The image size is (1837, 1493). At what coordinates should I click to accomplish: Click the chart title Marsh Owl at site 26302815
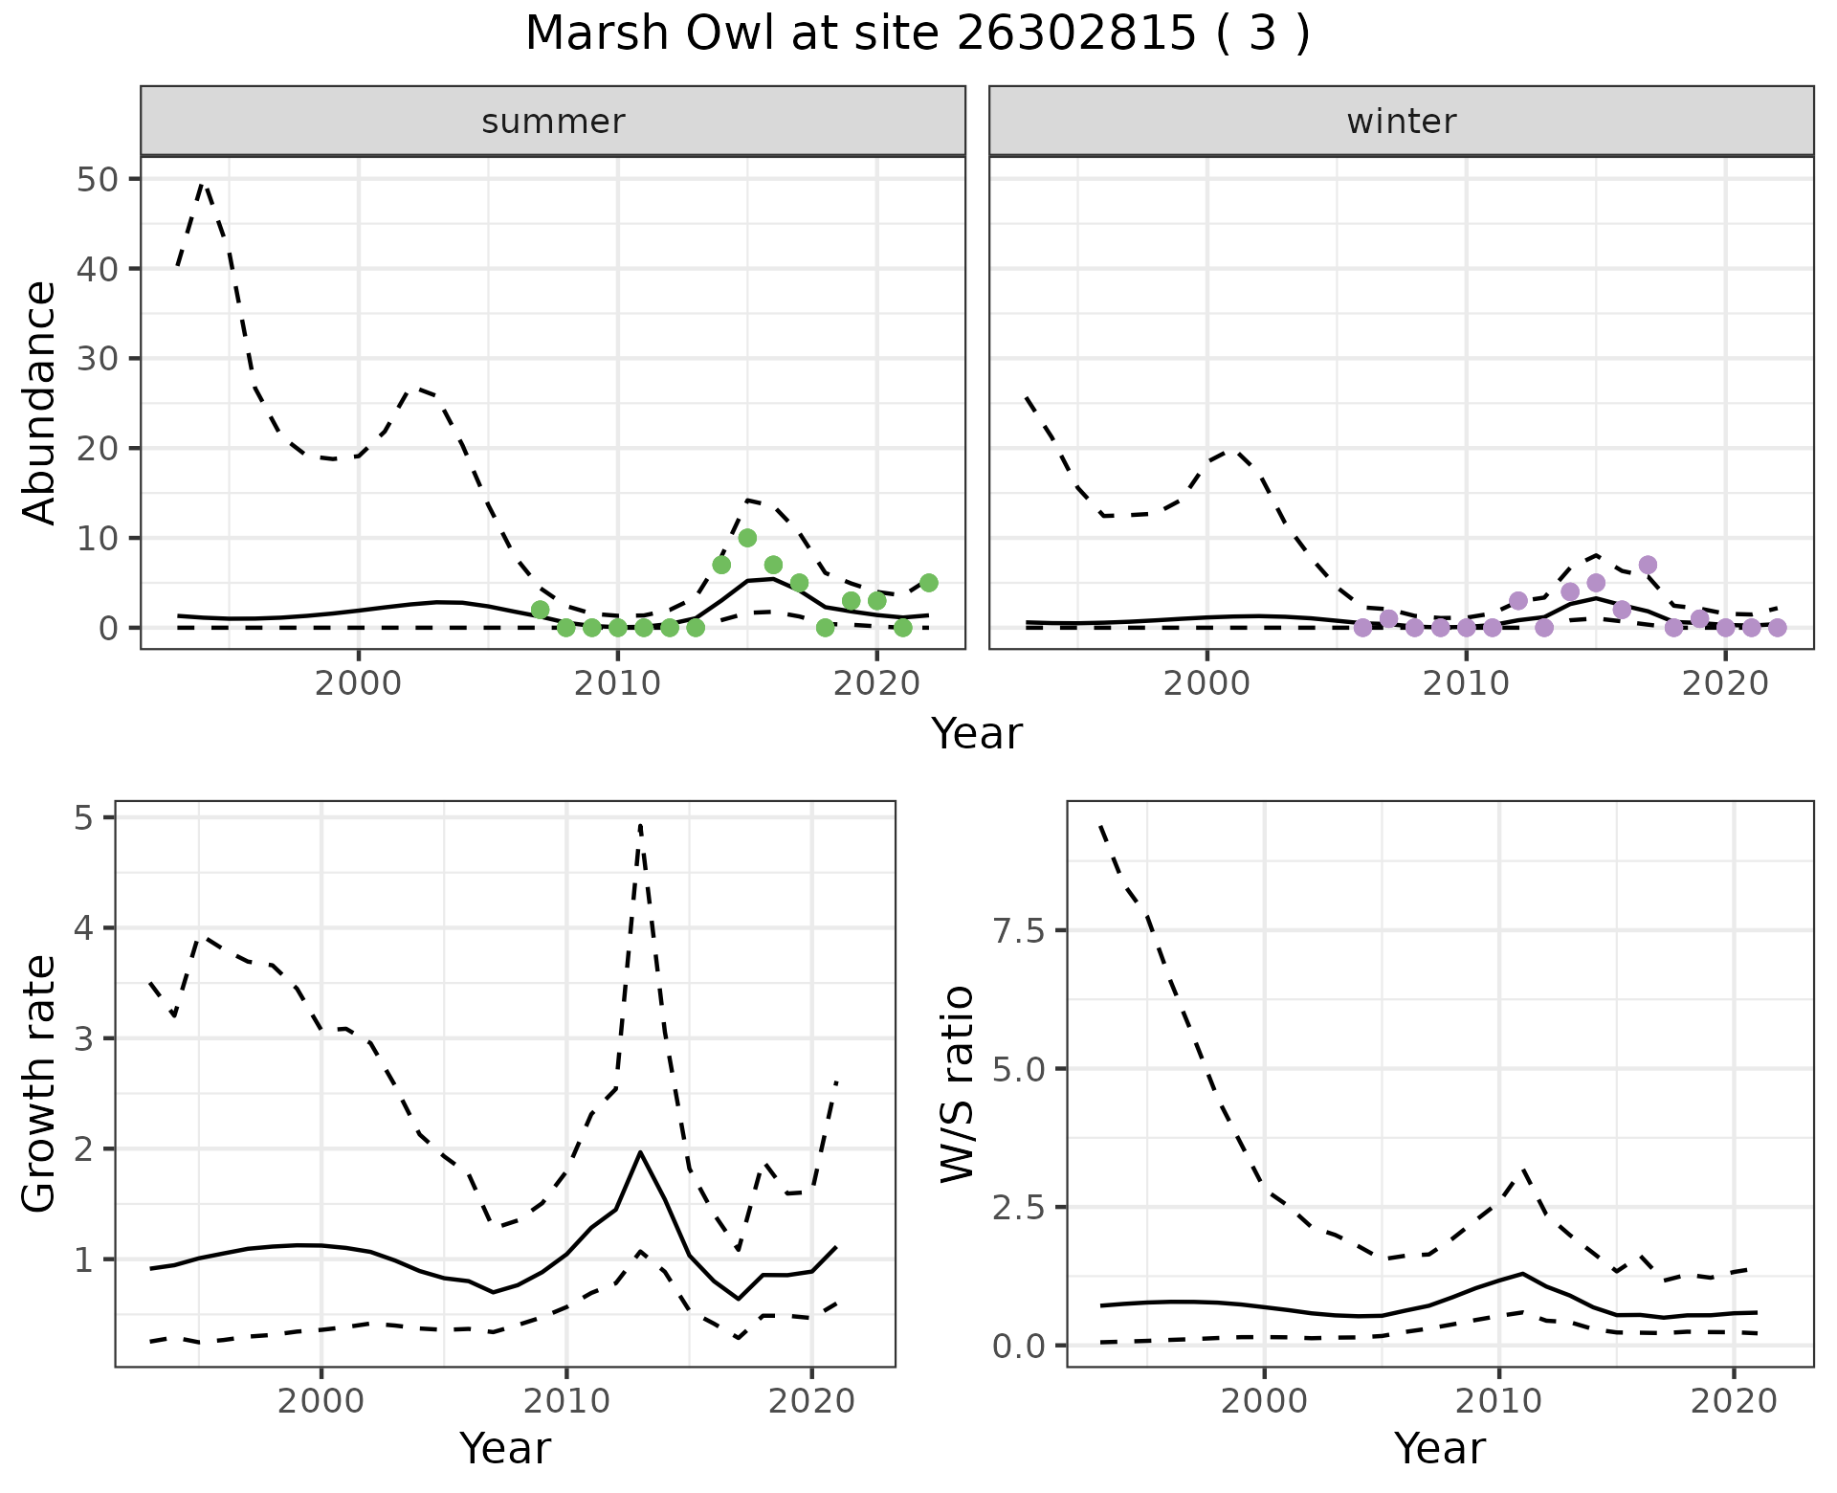[917, 34]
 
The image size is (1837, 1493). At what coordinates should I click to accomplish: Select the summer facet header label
[553, 122]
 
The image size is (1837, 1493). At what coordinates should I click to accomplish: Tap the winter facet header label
[1401, 122]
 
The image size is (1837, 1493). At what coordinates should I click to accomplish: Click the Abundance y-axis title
[39, 403]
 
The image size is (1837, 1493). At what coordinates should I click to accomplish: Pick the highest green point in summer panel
[747, 538]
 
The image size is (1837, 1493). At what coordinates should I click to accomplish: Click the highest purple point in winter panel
[1648, 565]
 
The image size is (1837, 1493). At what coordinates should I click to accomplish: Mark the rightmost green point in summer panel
[928, 583]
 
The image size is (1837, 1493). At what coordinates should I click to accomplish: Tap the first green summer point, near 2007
[540, 610]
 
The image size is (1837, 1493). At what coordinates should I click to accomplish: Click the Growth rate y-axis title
[39, 1084]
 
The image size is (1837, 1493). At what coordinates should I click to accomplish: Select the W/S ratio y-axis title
[957, 1084]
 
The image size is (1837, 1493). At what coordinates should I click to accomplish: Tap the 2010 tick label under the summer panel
[617, 684]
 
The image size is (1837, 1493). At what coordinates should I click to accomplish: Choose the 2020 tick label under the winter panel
[1724, 684]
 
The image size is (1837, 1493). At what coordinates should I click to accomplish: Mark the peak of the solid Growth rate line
[640, 1152]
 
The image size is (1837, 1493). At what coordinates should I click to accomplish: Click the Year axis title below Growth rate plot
[505, 1448]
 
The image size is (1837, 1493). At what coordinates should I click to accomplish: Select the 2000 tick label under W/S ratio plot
[1265, 1402]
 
